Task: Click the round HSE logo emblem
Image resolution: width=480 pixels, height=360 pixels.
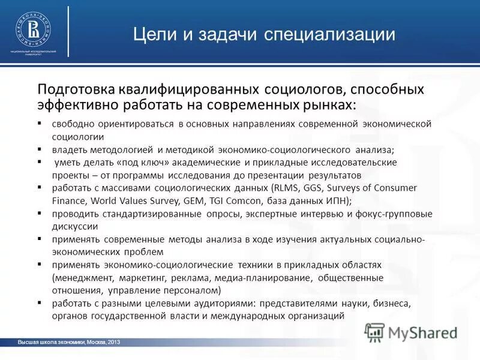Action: (33, 28)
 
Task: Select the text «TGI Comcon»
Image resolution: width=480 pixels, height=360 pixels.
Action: (221, 201)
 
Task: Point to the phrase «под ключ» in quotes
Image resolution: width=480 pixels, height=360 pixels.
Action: (136, 163)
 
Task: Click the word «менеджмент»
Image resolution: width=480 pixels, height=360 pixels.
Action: (85, 278)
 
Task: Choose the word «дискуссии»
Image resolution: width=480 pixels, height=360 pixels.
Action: (75, 226)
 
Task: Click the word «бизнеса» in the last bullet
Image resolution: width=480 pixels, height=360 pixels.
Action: (390, 303)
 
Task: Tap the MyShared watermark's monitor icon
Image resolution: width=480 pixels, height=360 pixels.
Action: (375, 332)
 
